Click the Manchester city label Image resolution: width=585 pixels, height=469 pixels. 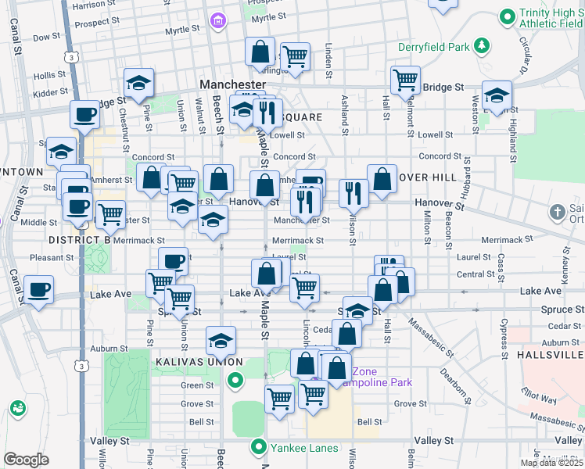click(x=232, y=84)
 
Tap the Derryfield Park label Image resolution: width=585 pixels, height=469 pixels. click(x=433, y=47)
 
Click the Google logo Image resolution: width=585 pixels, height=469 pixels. click(x=26, y=460)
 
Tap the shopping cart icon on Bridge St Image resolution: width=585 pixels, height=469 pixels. click(x=404, y=79)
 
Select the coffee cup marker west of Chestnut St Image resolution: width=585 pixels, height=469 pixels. click(x=84, y=114)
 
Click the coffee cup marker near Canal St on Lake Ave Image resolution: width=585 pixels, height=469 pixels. click(x=38, y=289)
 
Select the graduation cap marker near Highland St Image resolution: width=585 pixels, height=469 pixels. click(x=497, y=95)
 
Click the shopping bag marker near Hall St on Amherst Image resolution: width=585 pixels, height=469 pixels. click(x=382, y=178)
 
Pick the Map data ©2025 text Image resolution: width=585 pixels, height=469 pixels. click(x=550, y=463)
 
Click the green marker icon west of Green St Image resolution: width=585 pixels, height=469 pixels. click(x=235, y=381)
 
